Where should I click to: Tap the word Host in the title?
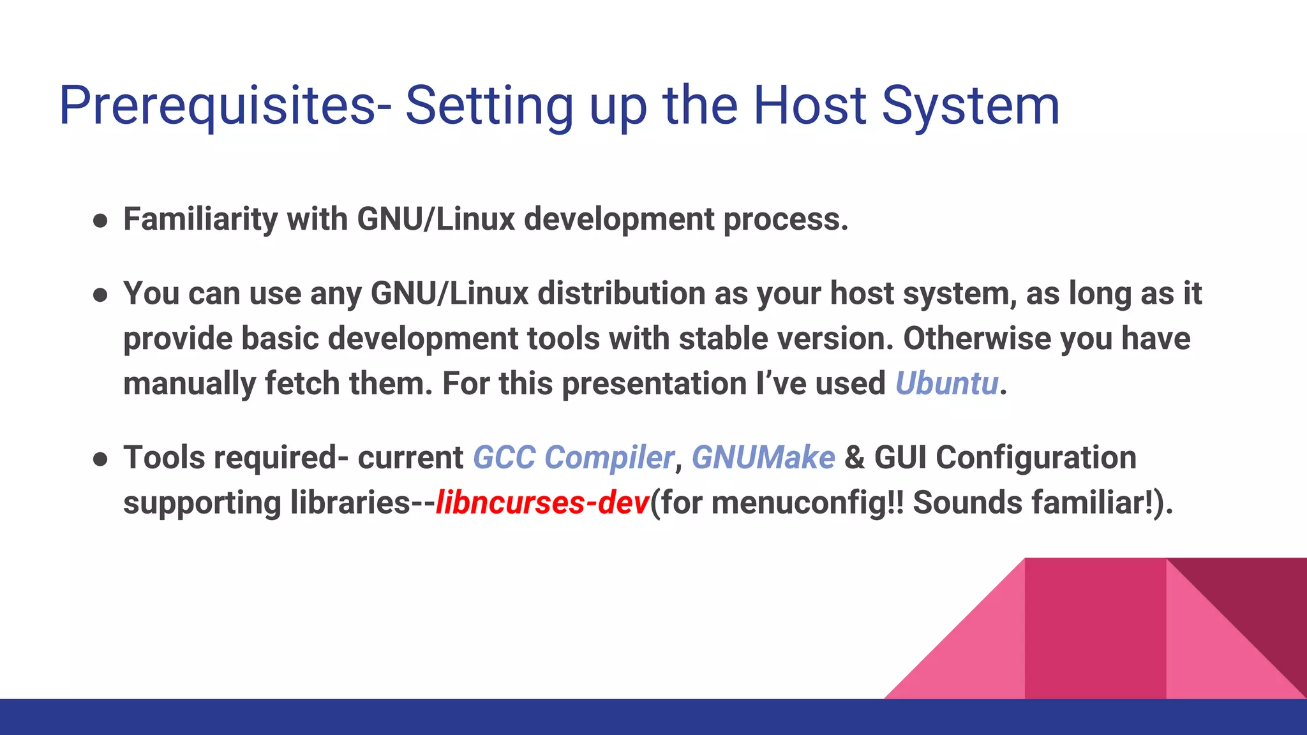810,105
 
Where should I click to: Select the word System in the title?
971,105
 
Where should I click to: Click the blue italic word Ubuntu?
946,383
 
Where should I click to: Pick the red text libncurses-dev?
542,502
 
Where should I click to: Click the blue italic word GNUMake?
763,457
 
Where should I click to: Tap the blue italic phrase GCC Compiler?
573,457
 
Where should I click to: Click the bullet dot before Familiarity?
100,221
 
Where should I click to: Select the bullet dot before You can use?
100,295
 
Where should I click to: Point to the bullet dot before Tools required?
100,459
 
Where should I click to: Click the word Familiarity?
200,219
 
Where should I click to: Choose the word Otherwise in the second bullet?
976,338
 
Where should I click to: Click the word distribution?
621,293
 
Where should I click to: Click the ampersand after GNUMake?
854,457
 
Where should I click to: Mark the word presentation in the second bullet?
654,383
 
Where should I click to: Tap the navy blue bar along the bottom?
447,717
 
